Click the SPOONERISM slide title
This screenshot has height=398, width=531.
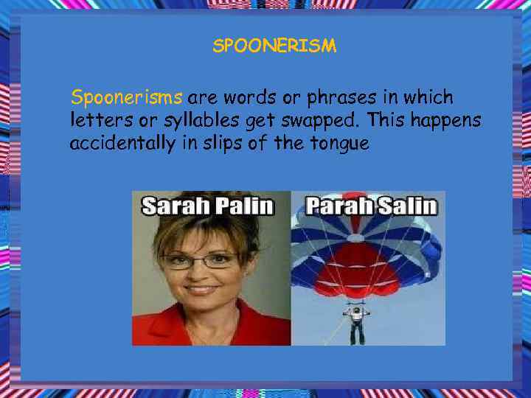point(274,46)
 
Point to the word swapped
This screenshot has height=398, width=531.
point(325,120)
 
